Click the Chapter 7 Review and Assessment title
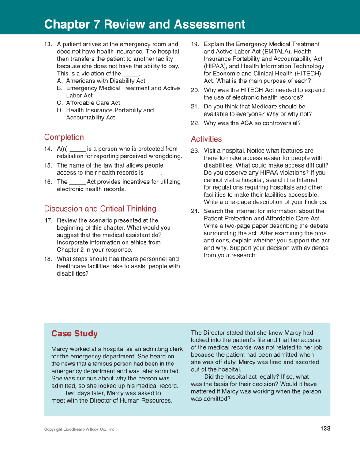coord(145,24)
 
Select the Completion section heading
coord(64,137)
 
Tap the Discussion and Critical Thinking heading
coord(100,209)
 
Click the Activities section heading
coord(206,139)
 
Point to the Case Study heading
coord(75,333)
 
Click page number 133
coord(325,429)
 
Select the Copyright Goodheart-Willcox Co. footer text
coord(79,429)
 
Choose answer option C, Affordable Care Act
coord(93,103)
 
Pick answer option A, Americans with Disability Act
coord(105,81)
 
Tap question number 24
coord(195,211)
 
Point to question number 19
coord(195,44)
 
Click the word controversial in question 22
coord(279,123)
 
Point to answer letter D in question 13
coord(60,110)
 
